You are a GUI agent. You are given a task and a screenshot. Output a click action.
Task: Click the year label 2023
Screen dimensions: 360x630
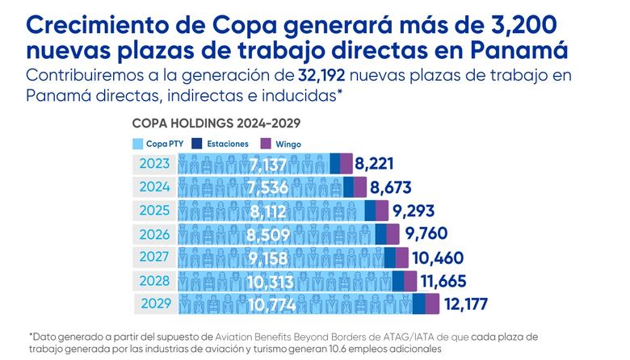pos(153,165)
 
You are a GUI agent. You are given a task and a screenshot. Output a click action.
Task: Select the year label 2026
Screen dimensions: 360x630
pos(153,235)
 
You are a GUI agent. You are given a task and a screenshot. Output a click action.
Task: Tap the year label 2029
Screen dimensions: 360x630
pos(155,304)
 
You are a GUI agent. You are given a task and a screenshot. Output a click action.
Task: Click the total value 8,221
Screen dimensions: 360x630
pos(379,165)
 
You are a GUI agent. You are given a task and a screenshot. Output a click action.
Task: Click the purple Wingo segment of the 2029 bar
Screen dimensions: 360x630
pos(432,304)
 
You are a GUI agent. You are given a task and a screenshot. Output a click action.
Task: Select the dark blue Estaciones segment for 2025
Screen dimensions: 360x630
pos(370,211)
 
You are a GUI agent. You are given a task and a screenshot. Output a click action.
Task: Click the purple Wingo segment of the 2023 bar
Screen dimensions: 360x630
pos(346,165)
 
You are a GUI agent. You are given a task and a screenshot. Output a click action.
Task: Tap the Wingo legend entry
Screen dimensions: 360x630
pos(283,144)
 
